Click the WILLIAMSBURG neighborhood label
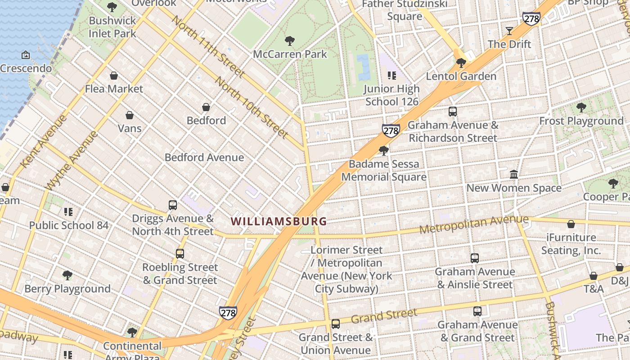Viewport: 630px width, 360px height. [279, 221]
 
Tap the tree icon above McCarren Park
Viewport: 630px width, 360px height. [290, 41]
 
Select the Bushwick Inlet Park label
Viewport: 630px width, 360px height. [112, 27]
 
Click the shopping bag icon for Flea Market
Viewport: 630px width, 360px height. [114, 76]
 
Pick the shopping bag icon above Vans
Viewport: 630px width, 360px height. [130, 115]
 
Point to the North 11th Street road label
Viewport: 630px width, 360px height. [208, 47]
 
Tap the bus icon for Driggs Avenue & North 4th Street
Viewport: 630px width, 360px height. [173, 205]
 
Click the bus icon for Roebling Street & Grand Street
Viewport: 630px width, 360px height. [180, 254]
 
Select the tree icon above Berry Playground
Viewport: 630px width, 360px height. [67, 275]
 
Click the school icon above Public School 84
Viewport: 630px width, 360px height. [68, 211]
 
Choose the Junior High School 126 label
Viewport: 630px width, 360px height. [392, 95]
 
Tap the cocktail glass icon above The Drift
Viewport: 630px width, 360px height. [509, 31]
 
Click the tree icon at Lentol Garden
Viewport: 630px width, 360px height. [461, 63]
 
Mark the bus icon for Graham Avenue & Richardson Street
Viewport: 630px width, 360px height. [453, 112]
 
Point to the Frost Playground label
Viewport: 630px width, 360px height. [581, 121]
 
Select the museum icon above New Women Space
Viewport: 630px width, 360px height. [514, 174]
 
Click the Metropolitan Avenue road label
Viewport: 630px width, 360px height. [474, 224]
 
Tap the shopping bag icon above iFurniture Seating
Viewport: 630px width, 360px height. [571, 224]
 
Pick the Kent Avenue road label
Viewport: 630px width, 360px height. [44, 141]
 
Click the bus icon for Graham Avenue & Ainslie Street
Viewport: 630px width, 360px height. [475, 258]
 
